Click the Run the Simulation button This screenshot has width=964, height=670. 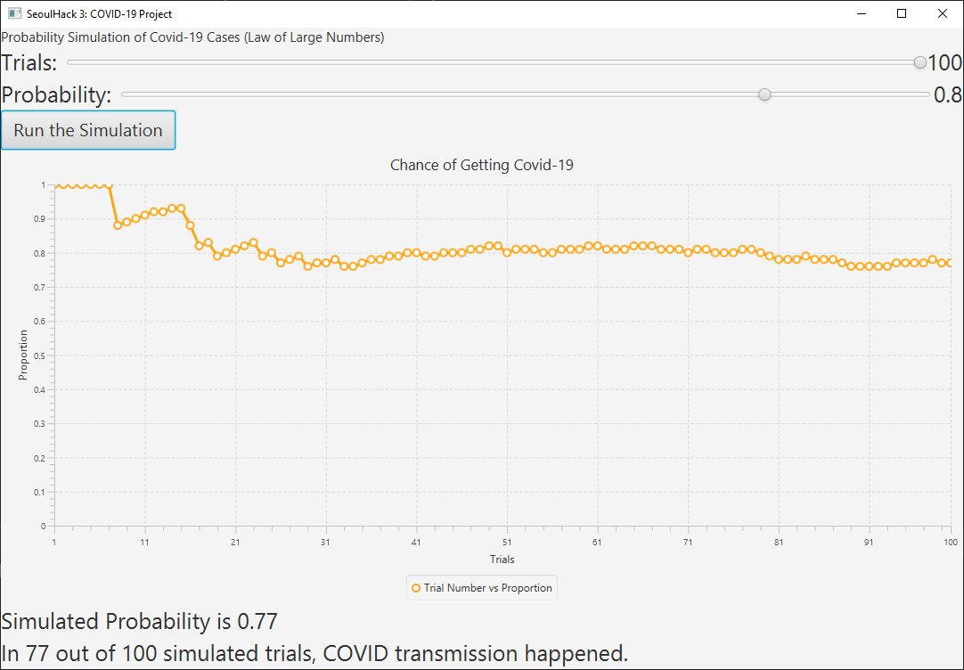(x=88, y=130)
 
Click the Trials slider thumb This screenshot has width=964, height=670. (x=920, y=62)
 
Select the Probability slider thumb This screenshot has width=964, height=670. (x=764, y=94)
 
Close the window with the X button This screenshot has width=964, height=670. (x=943, y=13)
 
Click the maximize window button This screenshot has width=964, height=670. (x=902, y=13)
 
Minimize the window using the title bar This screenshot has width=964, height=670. (x=862, y=13)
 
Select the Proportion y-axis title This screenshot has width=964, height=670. (x=23, y=355)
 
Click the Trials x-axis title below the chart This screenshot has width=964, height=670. (x=502, y=560)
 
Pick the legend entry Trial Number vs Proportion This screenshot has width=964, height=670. (x=482, y=588)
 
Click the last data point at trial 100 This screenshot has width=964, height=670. (x=951, y=264)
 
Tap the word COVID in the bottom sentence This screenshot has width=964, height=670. (x=359, y=653)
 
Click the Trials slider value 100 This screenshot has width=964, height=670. (x=944, y=62)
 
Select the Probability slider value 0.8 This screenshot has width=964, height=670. (x=948, y=94)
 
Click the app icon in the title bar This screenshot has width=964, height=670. (x=13, y=13)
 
